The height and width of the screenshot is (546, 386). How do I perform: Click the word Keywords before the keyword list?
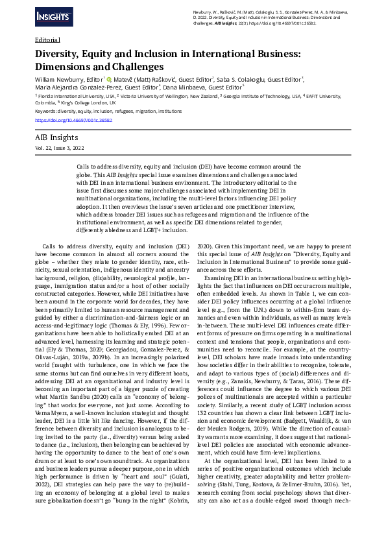(x=45, y=111)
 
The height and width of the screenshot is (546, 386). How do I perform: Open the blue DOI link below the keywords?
(x=73, y=119)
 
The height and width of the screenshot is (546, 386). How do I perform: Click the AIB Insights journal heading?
(x=56, y=137)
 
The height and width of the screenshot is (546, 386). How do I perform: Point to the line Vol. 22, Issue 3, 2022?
(x=59, y=148)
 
